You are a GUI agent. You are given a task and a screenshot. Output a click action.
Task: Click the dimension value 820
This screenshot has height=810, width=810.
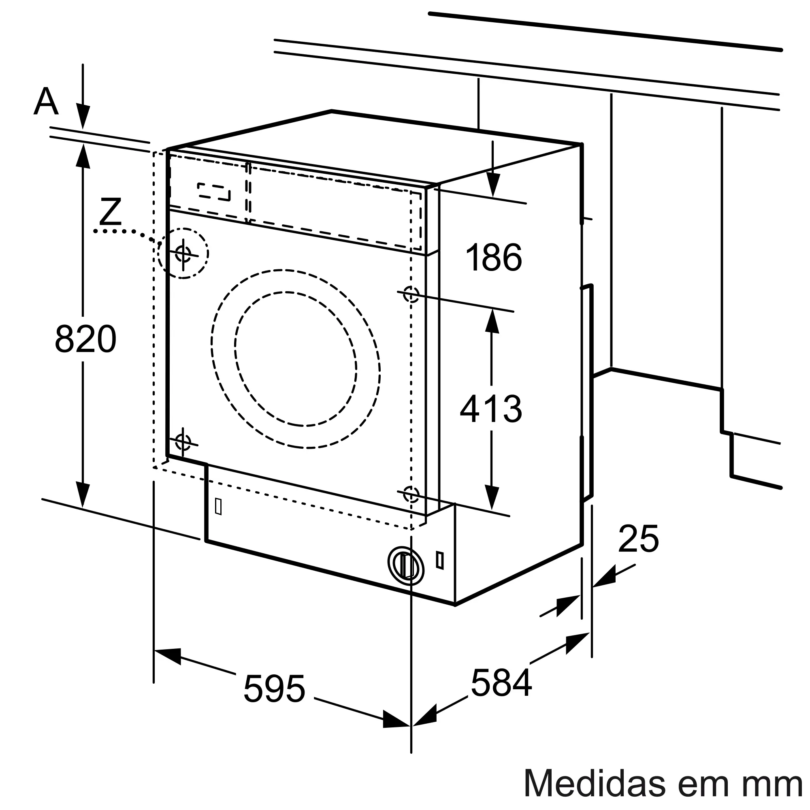(x=85, y=339)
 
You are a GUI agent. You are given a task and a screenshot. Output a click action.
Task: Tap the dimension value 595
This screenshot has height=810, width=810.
(x=274, y=689)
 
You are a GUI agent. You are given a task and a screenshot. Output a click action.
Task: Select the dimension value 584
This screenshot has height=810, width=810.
(x=501, y=682)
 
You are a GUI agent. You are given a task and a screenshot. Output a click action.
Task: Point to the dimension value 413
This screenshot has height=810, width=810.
(x=491, y=409)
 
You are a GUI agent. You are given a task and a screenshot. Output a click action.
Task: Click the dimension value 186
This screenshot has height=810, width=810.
(x=494, y=258)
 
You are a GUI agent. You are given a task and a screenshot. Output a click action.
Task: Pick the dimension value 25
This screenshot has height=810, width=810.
(x=638, y=539)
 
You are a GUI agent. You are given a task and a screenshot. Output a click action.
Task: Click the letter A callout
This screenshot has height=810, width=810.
(x=46, y=102)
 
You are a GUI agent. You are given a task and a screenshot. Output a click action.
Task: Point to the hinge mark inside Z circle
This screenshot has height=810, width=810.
(x=183, y=253)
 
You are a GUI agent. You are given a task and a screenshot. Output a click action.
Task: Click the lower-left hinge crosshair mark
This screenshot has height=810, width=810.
(x=183, y=441)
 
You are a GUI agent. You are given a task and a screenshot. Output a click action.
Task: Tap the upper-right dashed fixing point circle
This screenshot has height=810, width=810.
(x=411, y=294)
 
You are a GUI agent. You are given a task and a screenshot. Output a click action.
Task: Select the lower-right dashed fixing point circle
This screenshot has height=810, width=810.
(x=411, y=494)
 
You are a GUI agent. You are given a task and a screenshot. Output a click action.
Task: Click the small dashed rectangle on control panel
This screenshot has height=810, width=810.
(x=214, y=192)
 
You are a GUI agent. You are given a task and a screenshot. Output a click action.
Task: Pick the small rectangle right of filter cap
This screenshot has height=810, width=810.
(x=440, y=560)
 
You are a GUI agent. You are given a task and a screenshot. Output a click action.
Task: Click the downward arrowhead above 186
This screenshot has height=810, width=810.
(x=493, y=184)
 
